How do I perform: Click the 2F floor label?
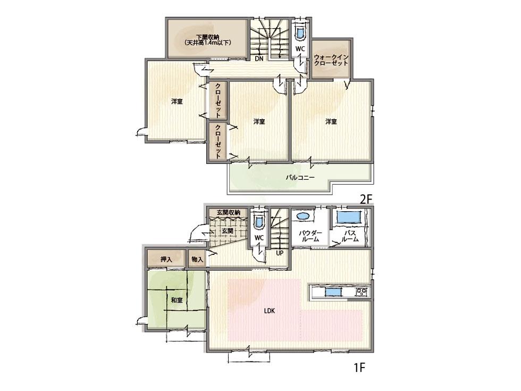tap(366, 199)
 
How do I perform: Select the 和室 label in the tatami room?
tap(177, 301)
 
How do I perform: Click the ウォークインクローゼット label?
tap(331, 59)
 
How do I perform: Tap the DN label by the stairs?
tap(259, 59)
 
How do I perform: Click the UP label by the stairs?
tap(279, 253)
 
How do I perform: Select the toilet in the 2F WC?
tap(300, 33)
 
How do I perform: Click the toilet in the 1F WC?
tap(259, 221)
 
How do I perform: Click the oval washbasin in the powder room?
tap(303, 217)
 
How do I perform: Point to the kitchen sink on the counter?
tap(333, 292)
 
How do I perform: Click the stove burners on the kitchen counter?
tap(362, 291)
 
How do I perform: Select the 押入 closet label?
tap(167, 260)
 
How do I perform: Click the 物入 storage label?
tap(197, 260)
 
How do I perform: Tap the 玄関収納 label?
tap(228, 213)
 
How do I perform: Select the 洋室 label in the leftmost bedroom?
tap(177, 102)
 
